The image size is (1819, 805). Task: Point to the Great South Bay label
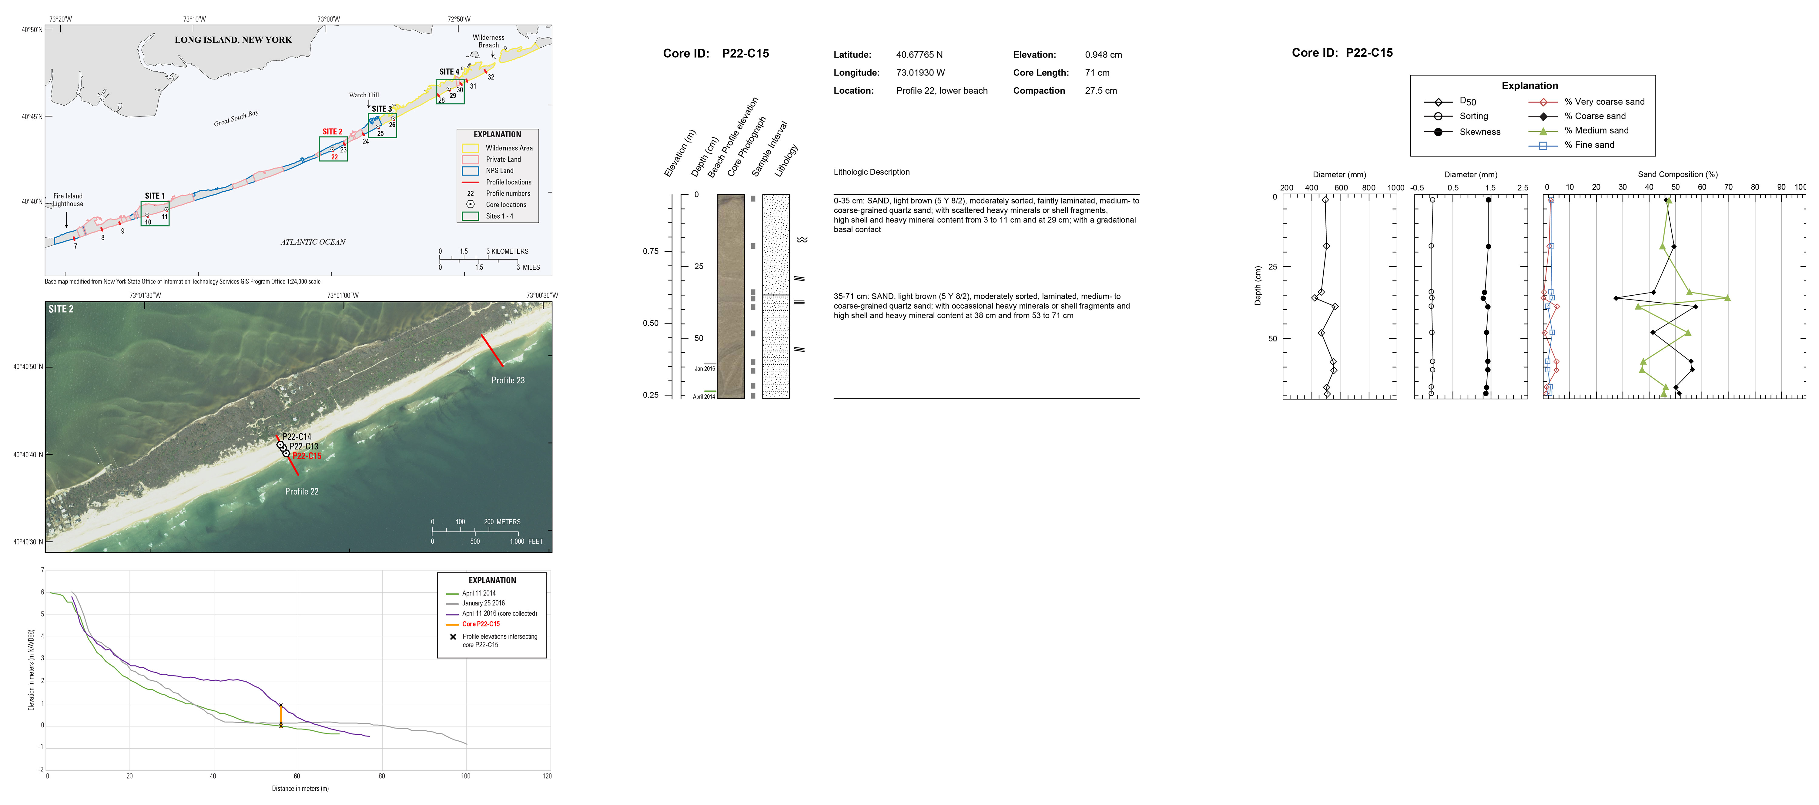pyautogui.click(x=236, y=118)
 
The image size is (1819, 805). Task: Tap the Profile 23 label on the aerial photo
pyautogui.click(x=508, y=380)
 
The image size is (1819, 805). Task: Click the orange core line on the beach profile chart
pyautogui.click(x=281, y=715)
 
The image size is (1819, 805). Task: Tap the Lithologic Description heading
pyautogui.click(x=871, y=172)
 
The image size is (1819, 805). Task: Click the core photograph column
pyautogui.click(x=730, y=297)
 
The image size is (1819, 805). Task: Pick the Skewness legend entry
pyautogui.click(x=1479, y=132)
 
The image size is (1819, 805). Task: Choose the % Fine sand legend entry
pyautogui.click(x=1589, y=145)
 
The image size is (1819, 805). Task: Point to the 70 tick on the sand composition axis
pyautogui.click(x=1728, y=187)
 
